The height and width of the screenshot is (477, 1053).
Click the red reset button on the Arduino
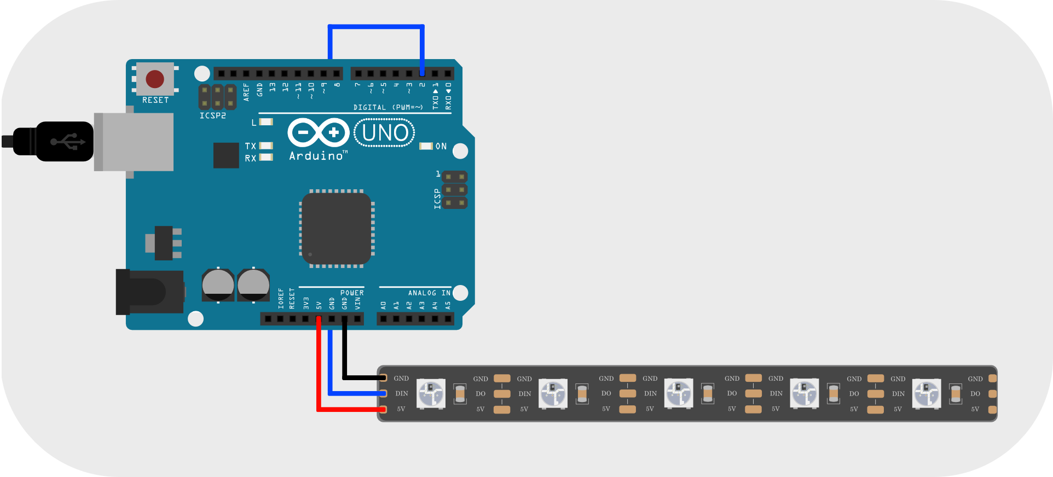(155, 79)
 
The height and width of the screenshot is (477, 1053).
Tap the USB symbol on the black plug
(68, 142)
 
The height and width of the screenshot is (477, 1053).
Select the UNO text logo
(385, 133)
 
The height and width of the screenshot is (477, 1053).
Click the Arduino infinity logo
(319, 132)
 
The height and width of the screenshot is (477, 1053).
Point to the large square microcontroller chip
(337, 229)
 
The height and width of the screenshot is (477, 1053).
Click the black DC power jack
(149, 292)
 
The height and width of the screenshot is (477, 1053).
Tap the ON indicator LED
(426, 146)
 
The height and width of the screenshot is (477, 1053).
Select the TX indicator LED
(266, 146)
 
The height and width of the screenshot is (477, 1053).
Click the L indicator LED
(266, 122)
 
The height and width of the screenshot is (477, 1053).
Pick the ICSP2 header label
(212, 116)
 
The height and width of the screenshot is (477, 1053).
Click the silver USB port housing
(134, 142)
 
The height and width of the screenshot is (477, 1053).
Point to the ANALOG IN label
(429, 293)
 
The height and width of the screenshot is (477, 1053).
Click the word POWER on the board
(352, 293)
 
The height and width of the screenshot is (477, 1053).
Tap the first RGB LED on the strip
(431, 394)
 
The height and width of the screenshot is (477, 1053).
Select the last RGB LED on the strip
(927, 394)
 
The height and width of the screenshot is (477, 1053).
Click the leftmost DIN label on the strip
(402, 393)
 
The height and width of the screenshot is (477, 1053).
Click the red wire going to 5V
(319, 372)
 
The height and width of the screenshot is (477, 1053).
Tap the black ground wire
(344, 356)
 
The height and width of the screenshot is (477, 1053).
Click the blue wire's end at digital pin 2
(422, 72)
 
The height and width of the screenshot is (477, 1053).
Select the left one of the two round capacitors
(218, 284)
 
